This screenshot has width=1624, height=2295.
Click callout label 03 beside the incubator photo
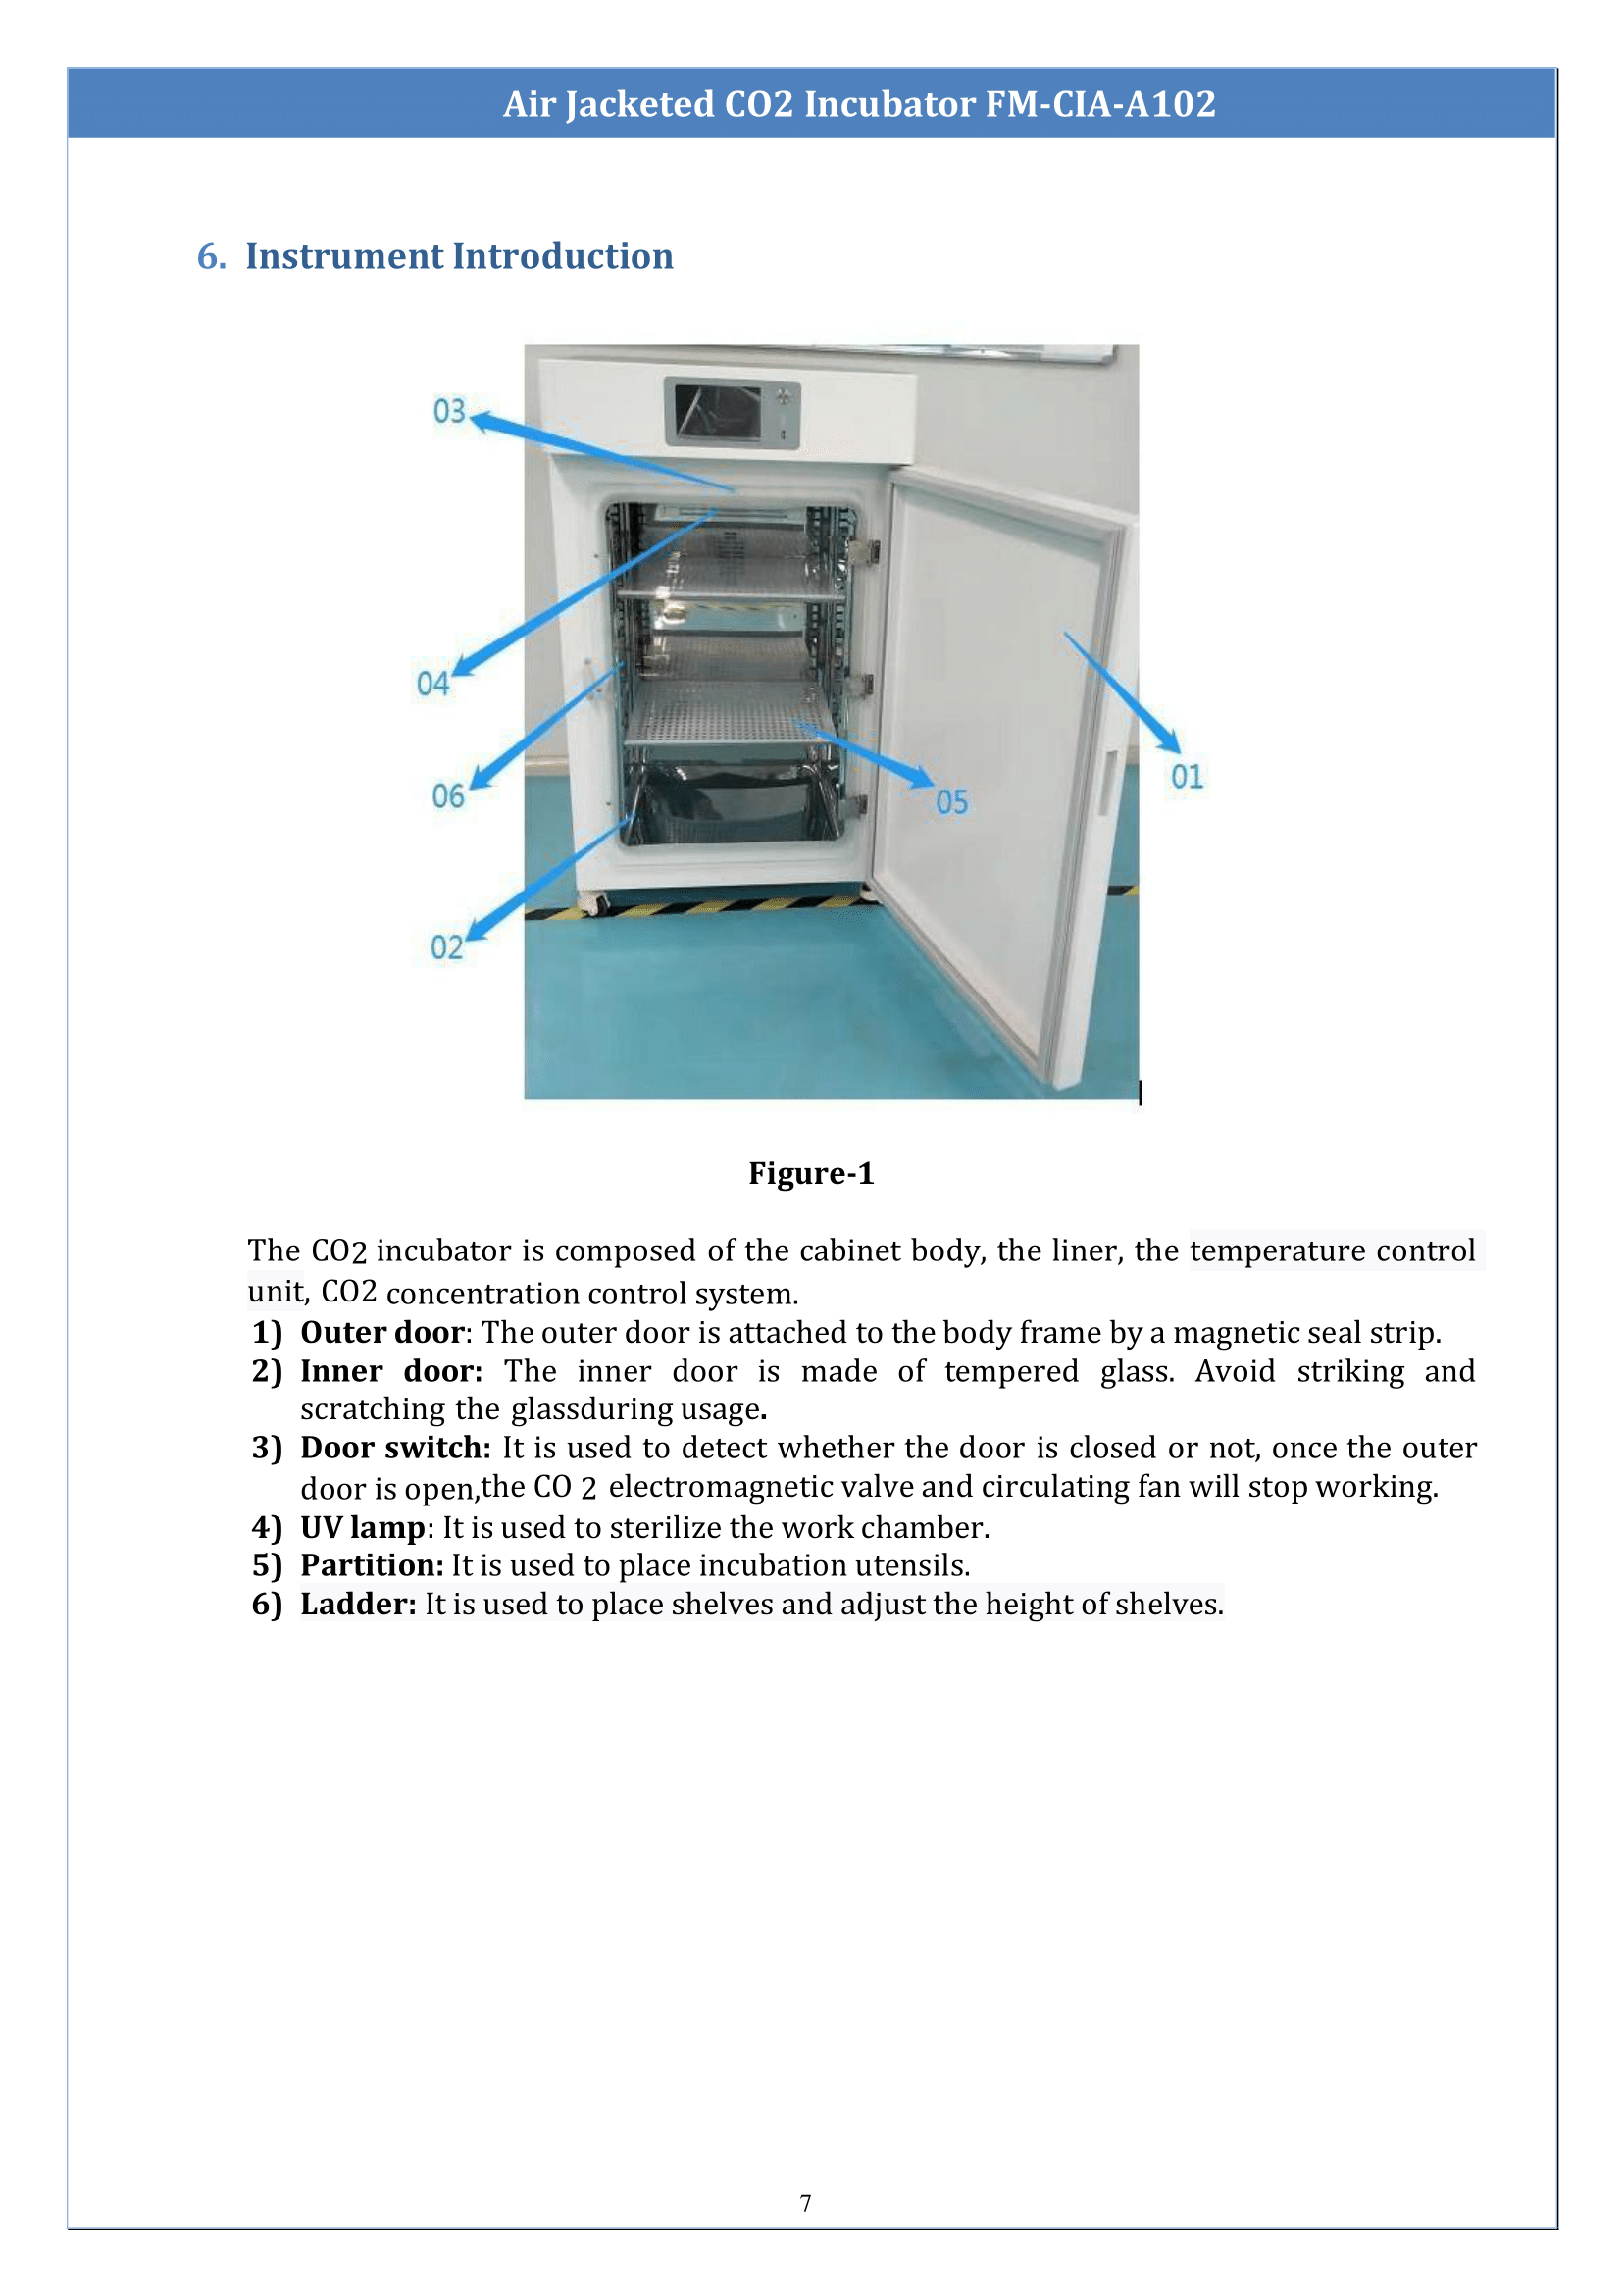[x=449, y=410]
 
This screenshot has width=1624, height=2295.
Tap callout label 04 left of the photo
[x=432, y=683]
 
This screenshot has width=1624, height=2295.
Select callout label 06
[x=447, y=796]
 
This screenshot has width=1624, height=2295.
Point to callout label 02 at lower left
[x=446, y=947]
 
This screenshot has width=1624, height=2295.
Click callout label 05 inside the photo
[x=952, y=802]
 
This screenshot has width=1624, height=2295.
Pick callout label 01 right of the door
[x=1187, y=777]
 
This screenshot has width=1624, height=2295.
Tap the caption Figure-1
[x=811, y=1173]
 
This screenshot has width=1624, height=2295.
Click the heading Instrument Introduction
[x=459, y=256]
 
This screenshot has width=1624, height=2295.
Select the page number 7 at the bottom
[x=806, y=2203]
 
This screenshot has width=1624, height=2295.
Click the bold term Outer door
[x=382, y=1332]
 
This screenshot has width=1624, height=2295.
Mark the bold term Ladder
[x=357, y=1604]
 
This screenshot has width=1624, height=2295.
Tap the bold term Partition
[x=371, y=1565]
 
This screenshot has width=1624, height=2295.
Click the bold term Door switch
[x=395, y=1447]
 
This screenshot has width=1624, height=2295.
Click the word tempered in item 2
[x=1010, y=1371]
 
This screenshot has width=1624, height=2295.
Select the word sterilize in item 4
[x=664, y=1527]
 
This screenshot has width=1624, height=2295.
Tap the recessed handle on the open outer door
[x=1108, y=781]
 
